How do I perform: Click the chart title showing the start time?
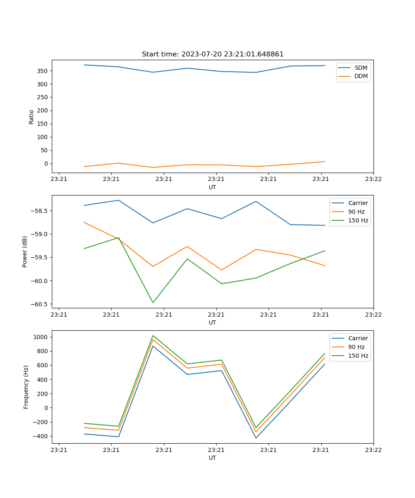point(212,54)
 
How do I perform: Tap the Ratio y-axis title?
point(32,117)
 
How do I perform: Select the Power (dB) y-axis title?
point(25,251)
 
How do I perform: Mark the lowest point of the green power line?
point(153,303)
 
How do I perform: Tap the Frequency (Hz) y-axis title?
point(26,387)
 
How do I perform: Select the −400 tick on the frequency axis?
point(40,437)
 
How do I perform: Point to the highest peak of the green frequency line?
point(153,336)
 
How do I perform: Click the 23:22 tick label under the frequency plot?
point(373,449)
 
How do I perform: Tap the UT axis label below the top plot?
point(212,187)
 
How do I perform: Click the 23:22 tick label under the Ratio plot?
point(373,179)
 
